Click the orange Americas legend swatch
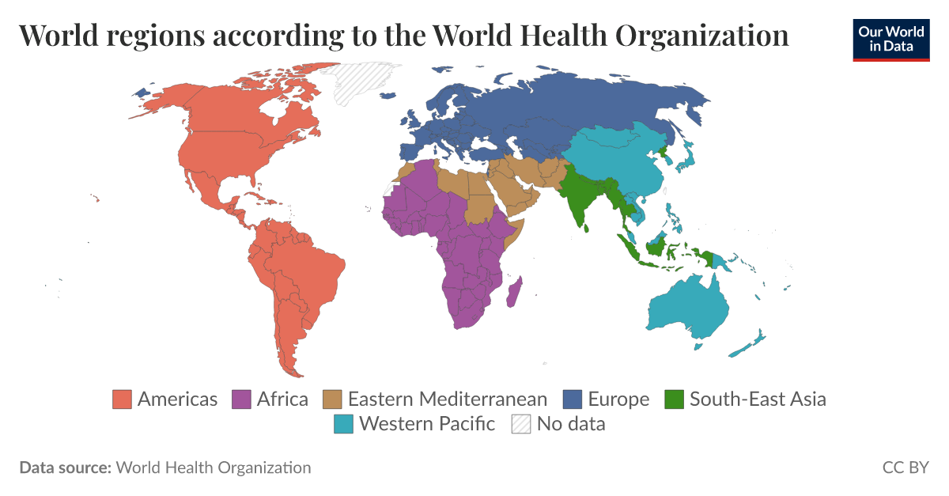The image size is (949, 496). tap(122, 399)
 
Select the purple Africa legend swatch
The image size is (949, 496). tap(241, 399)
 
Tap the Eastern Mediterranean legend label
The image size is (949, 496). tap(447, 399)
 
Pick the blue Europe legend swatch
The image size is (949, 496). tap(572, 399)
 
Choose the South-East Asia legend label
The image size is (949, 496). tap(757, 399)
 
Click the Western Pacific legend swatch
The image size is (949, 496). tap(343, 424)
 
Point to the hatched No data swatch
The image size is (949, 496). tap(521, 424)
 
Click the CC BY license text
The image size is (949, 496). tap(906, 468)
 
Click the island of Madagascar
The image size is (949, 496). tap(513, 293)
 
